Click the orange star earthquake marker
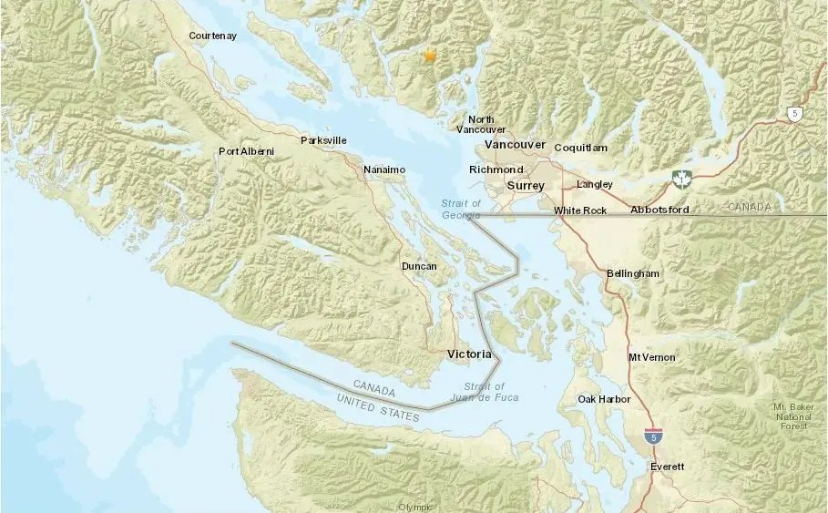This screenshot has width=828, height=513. (x=430, y=56)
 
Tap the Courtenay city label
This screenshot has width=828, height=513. (x=212, y=36)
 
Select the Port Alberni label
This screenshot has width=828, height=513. (x=246, y=151)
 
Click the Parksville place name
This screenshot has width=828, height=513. (x=323, y=140)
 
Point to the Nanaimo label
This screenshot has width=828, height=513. (x=383, y=169)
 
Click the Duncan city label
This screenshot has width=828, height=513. (x=419, y=266)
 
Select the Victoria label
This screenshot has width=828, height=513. (x=469, y=354)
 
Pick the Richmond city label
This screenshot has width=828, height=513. (x=496, y=169)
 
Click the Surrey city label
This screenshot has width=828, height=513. (x=526, y=186)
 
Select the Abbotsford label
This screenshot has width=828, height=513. (x=659, y=210)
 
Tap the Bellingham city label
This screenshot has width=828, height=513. (x=633, y=273)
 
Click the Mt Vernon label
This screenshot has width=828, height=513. (x=652, y=357)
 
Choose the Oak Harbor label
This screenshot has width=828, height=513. (x=605, y=399)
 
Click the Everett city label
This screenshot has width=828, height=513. (x=667, y=467)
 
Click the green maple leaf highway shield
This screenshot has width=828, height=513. (x=680, y=177)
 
